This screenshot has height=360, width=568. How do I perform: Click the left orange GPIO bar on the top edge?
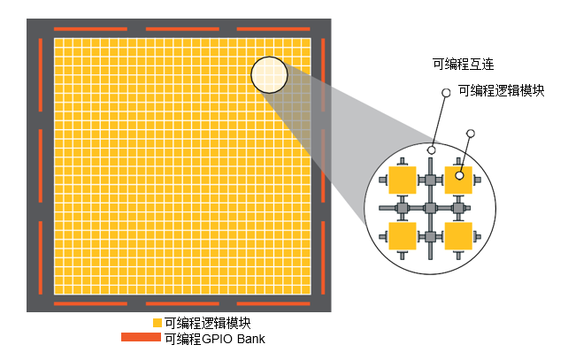click(90, 29)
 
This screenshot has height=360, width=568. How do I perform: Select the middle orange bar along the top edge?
click(182, 29)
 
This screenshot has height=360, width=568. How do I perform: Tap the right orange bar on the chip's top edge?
click(273, 29)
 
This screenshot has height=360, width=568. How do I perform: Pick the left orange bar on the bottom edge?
click(90, 303)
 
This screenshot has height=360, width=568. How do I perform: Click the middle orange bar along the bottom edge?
click(182, 303)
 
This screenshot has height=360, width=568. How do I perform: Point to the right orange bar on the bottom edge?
click(273, 303)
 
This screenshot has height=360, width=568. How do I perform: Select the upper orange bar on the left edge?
click(40, 75)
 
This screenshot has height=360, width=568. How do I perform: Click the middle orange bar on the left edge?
click(40, 166)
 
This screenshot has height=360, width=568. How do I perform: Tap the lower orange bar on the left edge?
click(40, 258)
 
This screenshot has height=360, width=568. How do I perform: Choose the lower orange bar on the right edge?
click(323, 258)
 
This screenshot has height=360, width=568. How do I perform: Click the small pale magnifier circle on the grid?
click(269, 74)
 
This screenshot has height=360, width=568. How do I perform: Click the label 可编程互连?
click(464, 65)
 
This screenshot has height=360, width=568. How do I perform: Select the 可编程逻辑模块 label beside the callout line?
click(502, 90)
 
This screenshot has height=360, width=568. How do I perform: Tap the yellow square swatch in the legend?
click(157, 323)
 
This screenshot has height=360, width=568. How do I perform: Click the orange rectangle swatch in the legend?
click(141, 337)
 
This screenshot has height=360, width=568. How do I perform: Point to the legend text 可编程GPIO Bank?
click(215, 339)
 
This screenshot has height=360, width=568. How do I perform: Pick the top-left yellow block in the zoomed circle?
click(402, 180)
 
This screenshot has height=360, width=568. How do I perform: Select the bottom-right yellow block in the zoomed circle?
click(458, 236)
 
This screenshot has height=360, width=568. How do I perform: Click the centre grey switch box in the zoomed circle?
click(430, 208)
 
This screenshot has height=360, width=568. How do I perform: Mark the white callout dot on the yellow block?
click(459, 176)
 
